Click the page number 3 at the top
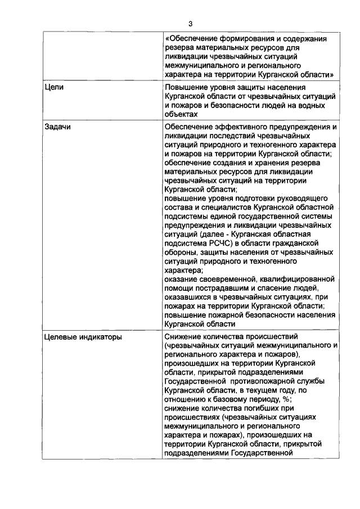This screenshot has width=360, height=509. [x=191, y=23]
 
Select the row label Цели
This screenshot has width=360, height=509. [x=54, y=88]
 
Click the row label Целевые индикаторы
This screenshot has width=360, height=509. [x=83, y=337]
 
